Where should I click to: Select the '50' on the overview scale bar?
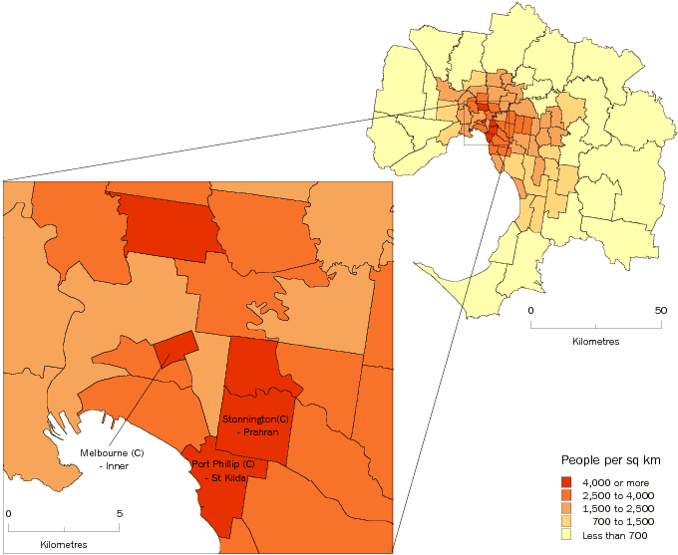(x=660, y=311)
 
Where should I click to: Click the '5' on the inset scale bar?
(x=120, y=514)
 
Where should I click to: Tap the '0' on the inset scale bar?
(x=9, y=514)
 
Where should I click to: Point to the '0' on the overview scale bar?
(x=530, y=311)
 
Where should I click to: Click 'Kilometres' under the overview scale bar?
(x=595, y=342)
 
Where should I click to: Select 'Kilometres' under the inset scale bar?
(x=64, y=545)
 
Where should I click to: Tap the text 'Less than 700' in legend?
(x=613, y=534)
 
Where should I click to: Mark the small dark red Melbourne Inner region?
(x=174, y=347)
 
